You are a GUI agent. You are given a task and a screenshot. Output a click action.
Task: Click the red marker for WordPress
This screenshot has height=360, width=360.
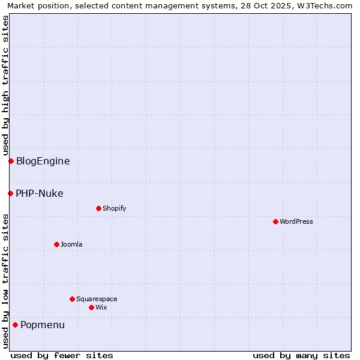275,221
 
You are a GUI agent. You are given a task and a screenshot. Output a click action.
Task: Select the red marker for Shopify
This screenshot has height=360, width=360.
98,208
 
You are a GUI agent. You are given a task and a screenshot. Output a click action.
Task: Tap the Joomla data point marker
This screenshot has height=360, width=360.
56,244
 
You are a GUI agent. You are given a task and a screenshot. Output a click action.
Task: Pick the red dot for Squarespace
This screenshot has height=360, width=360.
72,299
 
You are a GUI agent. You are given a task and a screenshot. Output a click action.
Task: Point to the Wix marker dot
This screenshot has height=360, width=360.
91,307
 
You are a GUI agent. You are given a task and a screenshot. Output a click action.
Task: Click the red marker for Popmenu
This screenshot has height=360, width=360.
15,325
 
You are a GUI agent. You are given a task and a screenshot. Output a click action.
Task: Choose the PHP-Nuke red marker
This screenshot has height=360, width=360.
10,193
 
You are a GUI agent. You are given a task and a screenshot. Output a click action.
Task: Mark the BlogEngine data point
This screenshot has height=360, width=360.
11,161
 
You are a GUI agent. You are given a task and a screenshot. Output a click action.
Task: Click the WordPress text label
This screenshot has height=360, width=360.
296,221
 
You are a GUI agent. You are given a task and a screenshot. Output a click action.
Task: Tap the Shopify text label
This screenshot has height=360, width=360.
114,208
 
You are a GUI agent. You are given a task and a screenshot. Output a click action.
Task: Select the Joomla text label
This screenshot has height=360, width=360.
71,244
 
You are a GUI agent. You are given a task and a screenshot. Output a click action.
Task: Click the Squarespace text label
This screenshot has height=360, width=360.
97,299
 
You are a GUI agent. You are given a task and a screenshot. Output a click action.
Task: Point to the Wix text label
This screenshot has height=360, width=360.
101,307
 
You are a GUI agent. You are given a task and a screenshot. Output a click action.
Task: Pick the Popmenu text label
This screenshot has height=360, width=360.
43,325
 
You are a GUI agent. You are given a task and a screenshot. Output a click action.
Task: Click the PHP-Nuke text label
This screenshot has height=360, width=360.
40,193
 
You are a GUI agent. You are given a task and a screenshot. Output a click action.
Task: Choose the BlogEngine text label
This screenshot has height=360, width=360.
43,161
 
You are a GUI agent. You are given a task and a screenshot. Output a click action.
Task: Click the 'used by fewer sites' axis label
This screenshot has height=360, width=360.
62,355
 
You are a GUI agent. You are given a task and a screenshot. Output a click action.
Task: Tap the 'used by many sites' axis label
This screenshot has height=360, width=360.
301,355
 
